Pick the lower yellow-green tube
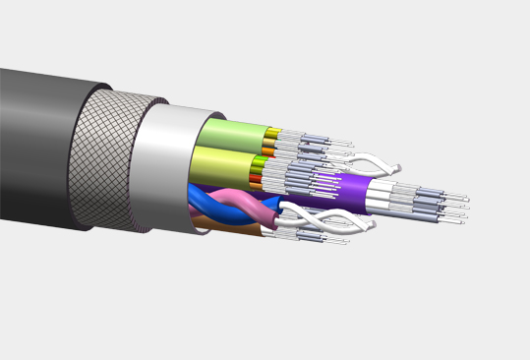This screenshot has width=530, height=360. (221, 161)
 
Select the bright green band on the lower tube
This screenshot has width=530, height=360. (259, 161)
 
